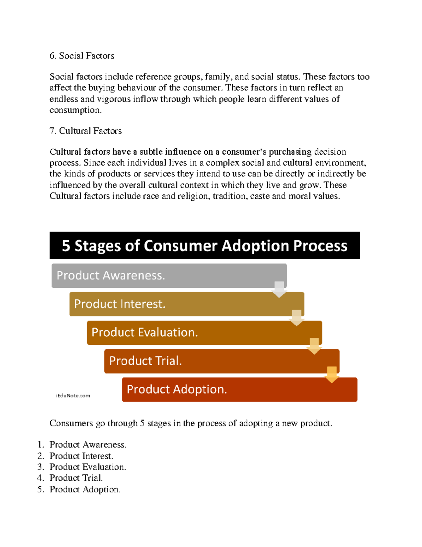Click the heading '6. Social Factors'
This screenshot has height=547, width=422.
click(x=82, y=56)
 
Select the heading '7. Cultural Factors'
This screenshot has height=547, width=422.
click(x=85, y=131)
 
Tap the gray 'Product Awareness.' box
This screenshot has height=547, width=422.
click(x=169, y=275)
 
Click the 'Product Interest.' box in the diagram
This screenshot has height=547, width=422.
click(x=186, y=304)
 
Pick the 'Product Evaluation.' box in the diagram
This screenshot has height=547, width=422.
click(x=204, y=332)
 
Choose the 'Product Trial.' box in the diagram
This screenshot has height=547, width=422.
click(x=222, y=361)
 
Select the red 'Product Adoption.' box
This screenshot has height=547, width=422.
click(x=239, y=390)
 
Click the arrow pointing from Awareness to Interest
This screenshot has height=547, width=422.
click(x=279, y=289)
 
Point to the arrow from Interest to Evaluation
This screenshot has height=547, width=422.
click(x=296, y=318)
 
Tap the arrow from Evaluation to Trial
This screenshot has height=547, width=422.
click(x=314, y=346)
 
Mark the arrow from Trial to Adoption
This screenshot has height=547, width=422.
click(x=332, y=374)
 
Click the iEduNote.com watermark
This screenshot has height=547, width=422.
click(x=73, y=396)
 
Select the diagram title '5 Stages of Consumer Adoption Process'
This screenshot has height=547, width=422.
click(x=204, y=245)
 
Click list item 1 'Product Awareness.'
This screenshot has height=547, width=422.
click(x=88, y=445)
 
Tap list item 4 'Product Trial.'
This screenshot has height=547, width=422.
click(x=76, y=478)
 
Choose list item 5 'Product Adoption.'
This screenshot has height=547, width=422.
click(x=85, y=489)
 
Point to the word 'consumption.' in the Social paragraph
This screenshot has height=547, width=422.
click(x=75, y=110)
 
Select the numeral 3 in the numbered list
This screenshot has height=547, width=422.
click(x=40, y=467)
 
